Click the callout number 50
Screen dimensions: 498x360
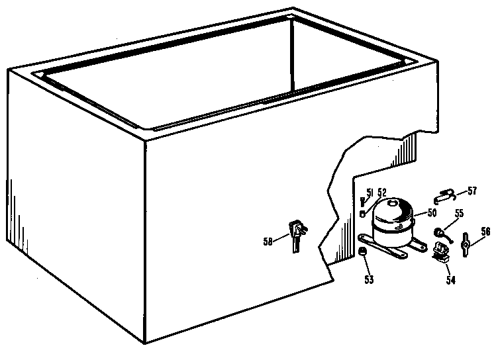(x=432, y=212)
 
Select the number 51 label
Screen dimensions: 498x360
(x=370, y=193)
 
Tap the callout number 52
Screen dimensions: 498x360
(x=382, y=193)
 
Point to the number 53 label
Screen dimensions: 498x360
(x=369, y=279)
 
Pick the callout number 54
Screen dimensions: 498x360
(x=451, y=280)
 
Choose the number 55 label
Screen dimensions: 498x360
(x=459, y=213)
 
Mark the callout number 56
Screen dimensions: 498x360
(x=485, y=232)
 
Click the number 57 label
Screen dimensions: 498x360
(x=472, y=191)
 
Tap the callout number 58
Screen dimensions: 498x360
(x=268, y=242)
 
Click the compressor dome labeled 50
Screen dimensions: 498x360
(x=393, y=222)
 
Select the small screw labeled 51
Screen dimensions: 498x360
(x=362, y=202)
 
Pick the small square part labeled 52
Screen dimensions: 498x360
(x=362, y=214)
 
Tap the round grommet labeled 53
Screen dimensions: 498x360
(x=362, y=251)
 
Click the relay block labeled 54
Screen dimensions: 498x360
(x=441, y=252)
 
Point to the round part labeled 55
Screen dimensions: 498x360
(x=438, y=233)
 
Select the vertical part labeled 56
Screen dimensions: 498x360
(x=466, y=245)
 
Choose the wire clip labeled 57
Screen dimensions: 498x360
(x=444, y=196)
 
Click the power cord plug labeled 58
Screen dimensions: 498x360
(x=297, y=236)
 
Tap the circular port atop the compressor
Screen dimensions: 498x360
(x=393, y=202)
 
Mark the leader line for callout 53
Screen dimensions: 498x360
(x=366, y=265)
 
